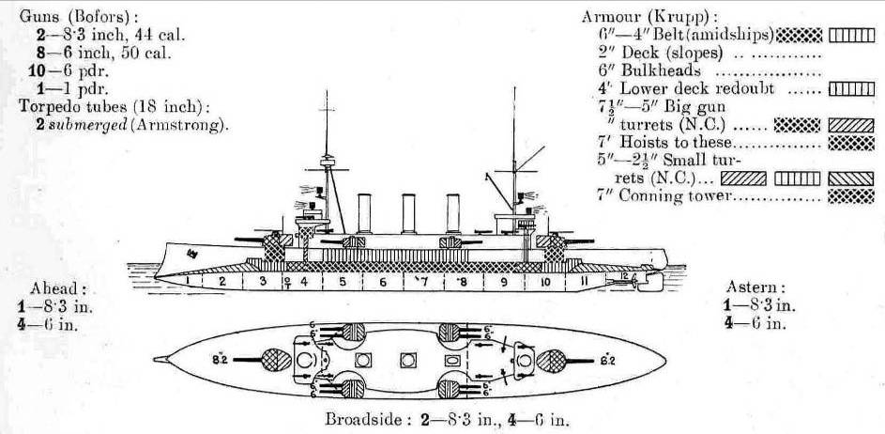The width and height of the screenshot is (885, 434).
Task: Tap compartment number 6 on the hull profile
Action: (x=382, y=281)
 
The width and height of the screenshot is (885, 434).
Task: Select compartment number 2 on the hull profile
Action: (x=222, y=280)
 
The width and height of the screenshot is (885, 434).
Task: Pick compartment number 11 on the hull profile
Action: (x=584, y=280)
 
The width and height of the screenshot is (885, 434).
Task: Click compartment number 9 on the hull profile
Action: (x=503, y=281)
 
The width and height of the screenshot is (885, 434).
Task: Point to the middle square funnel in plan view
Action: (x=407, y=360)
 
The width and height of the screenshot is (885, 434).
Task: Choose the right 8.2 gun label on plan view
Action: (x=607, y=358)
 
